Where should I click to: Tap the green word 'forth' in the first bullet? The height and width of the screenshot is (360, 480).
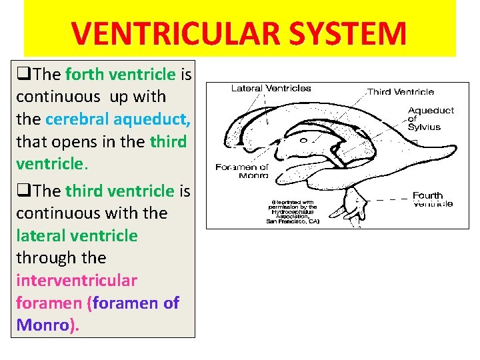point(85,74)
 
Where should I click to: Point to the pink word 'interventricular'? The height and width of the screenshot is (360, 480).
point(76,280)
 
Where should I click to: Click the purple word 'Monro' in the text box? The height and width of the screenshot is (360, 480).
point(43,325)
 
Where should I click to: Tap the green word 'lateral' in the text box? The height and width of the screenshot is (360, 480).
point(41,235)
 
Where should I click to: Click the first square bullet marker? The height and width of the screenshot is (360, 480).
point(23,74)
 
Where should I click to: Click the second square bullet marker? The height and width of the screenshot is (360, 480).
point(23,191)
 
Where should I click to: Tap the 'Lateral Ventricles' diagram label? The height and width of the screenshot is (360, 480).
point(271,88)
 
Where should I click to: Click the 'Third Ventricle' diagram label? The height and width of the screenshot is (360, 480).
point(402,92)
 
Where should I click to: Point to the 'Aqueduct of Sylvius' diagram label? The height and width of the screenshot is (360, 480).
point(430,119)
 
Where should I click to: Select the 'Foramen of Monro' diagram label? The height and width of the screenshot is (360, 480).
point(241,171)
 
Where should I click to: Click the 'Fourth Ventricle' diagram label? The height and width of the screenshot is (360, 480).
point(430,199)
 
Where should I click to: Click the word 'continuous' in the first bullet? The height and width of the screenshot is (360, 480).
point(58,97)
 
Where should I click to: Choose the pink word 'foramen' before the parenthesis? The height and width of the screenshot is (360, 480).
point(49,303)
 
